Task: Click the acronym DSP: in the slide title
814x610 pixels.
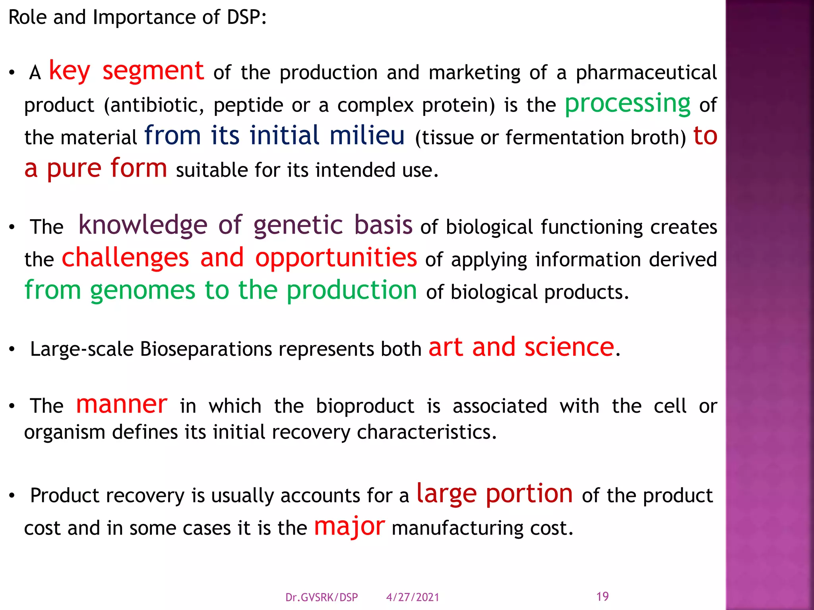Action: (246, 17)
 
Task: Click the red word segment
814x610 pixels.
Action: (153, 71)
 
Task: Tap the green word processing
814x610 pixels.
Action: (628, 104)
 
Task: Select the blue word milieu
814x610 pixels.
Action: (367, 135)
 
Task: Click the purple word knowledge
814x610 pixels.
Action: (143, 225)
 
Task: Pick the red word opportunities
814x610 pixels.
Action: (336, 258)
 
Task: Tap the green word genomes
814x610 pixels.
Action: (143, 291)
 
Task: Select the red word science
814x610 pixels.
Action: (569, 347)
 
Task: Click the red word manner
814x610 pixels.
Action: (122, 405)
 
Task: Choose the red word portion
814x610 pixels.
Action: (529, 494)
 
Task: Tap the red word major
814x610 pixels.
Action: (349, 527)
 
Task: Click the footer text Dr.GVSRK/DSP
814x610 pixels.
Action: (322, 597)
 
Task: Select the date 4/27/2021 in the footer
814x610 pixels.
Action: (413, 597)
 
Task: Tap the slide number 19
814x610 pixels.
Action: (603, 596)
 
